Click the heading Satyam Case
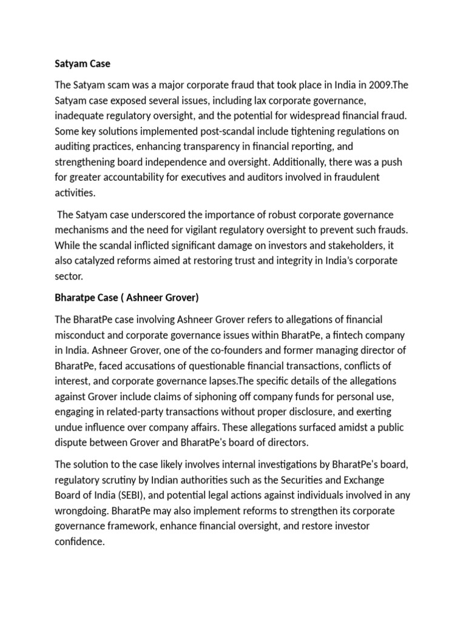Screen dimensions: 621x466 pos(83,63)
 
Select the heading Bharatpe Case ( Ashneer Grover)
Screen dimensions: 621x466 pos(127,298)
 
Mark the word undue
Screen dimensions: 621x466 pos(70,427)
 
